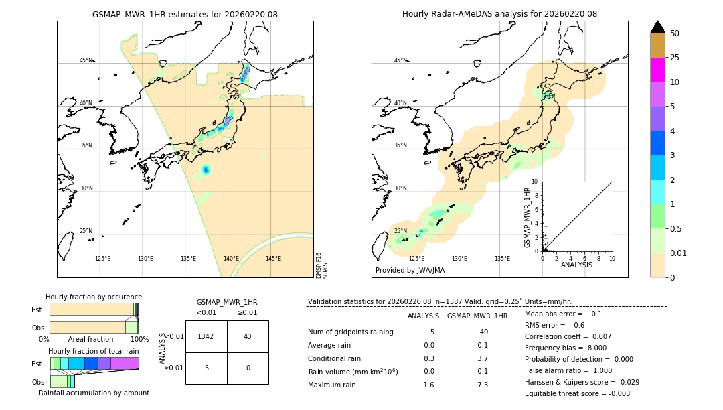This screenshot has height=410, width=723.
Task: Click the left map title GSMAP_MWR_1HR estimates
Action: click(x=185, y=14)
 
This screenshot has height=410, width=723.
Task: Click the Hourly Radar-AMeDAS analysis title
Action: click(x=499, y=14)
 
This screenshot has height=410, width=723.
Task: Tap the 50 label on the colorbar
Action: click(x=675, y=33)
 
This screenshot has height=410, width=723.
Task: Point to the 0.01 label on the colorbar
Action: click(x=679, y=253)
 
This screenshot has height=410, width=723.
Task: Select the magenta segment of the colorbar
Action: click(x=657, y=70)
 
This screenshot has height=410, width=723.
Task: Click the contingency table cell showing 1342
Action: click(x=206, y=336)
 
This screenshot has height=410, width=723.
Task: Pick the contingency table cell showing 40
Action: click(x=248, y=336)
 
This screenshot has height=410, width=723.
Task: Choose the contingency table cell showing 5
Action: click(x=206, y=368)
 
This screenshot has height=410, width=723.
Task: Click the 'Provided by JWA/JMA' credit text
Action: click(x=410, y=270)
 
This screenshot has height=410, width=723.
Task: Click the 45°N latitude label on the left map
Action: click(x=86, y=60)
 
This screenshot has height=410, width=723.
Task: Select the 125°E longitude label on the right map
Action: click(x=416, y=259)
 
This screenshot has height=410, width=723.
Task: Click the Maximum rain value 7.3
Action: click(x=482, y=385)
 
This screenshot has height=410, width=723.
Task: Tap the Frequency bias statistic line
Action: click(x=566, y=348)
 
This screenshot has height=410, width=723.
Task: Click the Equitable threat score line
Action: click(x=577, y=393)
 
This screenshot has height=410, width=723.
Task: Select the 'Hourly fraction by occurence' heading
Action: click(x=94, y=297)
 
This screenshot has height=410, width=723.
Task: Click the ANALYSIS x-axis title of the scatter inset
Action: click(x=577, y=265)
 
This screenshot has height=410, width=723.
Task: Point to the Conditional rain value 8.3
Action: click(x=429, y=358)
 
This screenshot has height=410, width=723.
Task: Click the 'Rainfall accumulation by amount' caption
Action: click(x=94, y=393)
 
